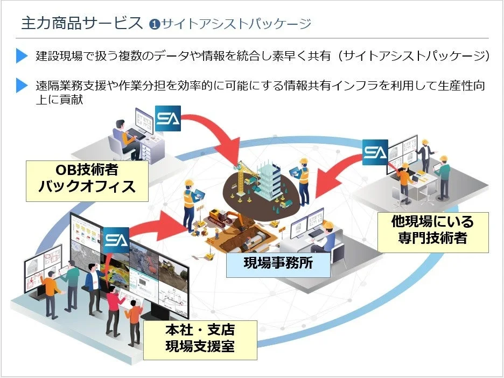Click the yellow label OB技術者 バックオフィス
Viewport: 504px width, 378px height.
coord(87,181)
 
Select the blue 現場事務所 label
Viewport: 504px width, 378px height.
coord(278,263)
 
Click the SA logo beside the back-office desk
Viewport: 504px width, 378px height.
coord(168,118)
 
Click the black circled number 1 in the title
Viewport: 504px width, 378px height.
coord(155,24)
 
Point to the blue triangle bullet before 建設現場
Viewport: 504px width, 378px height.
coord(22,55)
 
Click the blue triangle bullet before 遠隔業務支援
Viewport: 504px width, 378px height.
coord(22,85)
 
